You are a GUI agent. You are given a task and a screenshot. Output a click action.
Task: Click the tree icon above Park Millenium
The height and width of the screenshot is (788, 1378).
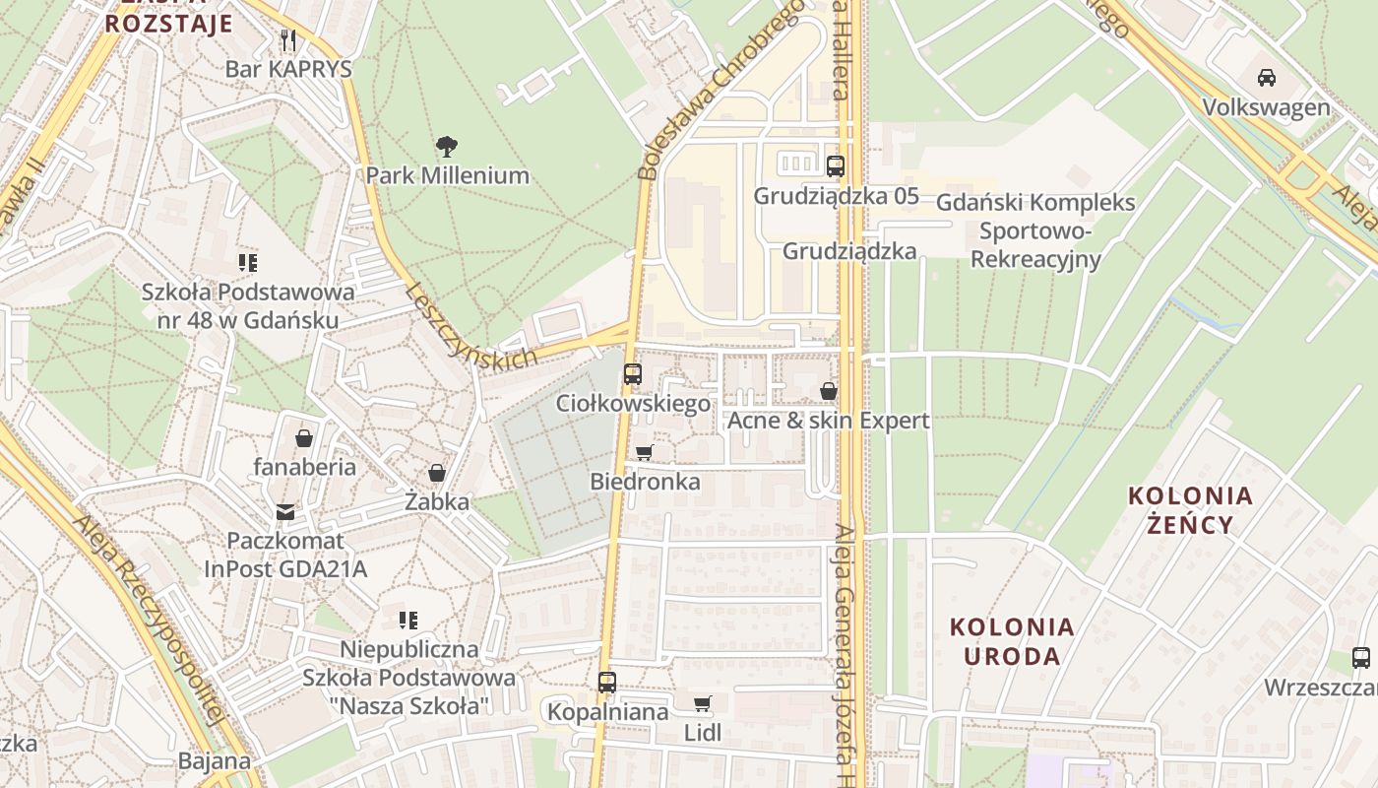coord(447,147)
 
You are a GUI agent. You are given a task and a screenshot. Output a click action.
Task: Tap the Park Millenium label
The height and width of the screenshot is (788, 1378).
coord(448,176)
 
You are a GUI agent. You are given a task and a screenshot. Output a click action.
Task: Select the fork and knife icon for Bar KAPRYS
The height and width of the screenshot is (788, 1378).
coord(287,40)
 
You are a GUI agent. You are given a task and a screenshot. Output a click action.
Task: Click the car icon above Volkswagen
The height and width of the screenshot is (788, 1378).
coord(1266,78)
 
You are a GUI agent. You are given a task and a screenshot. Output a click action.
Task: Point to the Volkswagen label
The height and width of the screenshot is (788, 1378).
coord(1266,107)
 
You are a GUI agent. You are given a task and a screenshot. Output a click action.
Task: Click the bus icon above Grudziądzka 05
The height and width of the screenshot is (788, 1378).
coord(836,165)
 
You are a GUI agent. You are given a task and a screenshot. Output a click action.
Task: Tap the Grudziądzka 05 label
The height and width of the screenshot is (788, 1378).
coord(836,196)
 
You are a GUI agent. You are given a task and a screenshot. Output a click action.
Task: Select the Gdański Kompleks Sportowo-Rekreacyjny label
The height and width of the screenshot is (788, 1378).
coord(1035,231)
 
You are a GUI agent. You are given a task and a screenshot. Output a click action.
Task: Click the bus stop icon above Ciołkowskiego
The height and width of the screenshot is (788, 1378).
coord(633,374)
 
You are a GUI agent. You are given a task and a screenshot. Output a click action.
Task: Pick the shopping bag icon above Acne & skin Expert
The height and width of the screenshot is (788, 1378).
coord(828,391)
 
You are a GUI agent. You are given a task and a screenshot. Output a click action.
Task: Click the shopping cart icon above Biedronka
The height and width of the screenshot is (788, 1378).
coord(644,452)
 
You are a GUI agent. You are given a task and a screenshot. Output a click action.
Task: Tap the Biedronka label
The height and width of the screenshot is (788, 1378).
coord(645,482)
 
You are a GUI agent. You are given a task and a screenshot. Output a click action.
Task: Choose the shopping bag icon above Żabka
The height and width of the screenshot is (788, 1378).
coord(437,473)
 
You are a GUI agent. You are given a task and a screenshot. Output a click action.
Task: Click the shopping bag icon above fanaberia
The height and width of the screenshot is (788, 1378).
coord(304,437)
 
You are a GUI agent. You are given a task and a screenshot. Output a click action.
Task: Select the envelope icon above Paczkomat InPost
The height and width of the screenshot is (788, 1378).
coord(285,511)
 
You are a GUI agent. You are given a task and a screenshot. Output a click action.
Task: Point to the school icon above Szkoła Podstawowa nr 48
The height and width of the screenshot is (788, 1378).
coord(247,263)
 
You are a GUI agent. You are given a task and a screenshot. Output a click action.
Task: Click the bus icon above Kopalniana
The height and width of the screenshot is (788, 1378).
coord(607,682)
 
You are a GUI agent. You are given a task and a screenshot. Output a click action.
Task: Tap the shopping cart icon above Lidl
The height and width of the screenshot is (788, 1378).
coord(702,703)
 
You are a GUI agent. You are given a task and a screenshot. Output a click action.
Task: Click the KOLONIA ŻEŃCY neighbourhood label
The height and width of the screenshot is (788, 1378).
coord(1190,509)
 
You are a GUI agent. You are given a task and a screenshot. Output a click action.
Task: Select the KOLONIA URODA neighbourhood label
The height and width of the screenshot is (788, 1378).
coord(1012,640)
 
